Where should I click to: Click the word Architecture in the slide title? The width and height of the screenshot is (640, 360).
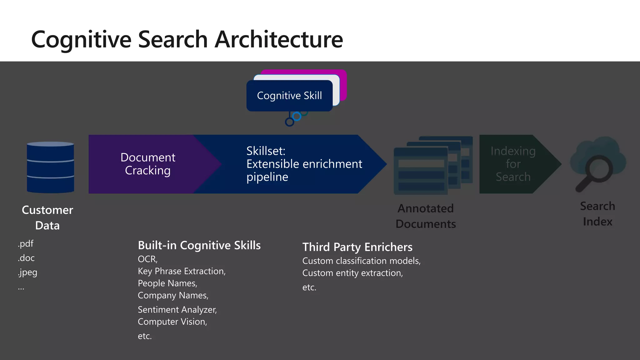279,39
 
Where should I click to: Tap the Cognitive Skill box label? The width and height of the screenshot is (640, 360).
289,96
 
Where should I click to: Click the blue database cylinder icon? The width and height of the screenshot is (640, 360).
50,167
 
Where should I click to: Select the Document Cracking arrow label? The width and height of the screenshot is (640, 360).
147,164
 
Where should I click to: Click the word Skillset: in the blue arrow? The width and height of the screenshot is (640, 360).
266,151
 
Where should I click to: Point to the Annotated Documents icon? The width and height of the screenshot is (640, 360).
432,165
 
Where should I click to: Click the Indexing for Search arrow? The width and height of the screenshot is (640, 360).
513,164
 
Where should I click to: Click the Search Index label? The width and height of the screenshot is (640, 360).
597,214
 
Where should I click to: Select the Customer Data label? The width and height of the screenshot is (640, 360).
47,217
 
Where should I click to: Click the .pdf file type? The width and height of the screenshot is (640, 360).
26,243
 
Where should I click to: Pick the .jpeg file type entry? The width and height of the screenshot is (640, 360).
27,272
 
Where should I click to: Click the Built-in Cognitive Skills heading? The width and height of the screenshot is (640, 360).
199,245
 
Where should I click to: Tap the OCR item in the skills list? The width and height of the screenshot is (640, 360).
147,259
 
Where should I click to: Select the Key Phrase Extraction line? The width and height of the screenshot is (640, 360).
181,271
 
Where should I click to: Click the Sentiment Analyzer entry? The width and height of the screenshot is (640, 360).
177,310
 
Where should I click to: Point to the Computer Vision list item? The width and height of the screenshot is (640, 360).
172,322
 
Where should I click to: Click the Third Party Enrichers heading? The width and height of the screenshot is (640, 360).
357,247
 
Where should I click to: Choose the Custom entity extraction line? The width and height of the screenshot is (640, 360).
352,273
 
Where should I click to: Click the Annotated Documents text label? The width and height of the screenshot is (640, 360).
425,216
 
